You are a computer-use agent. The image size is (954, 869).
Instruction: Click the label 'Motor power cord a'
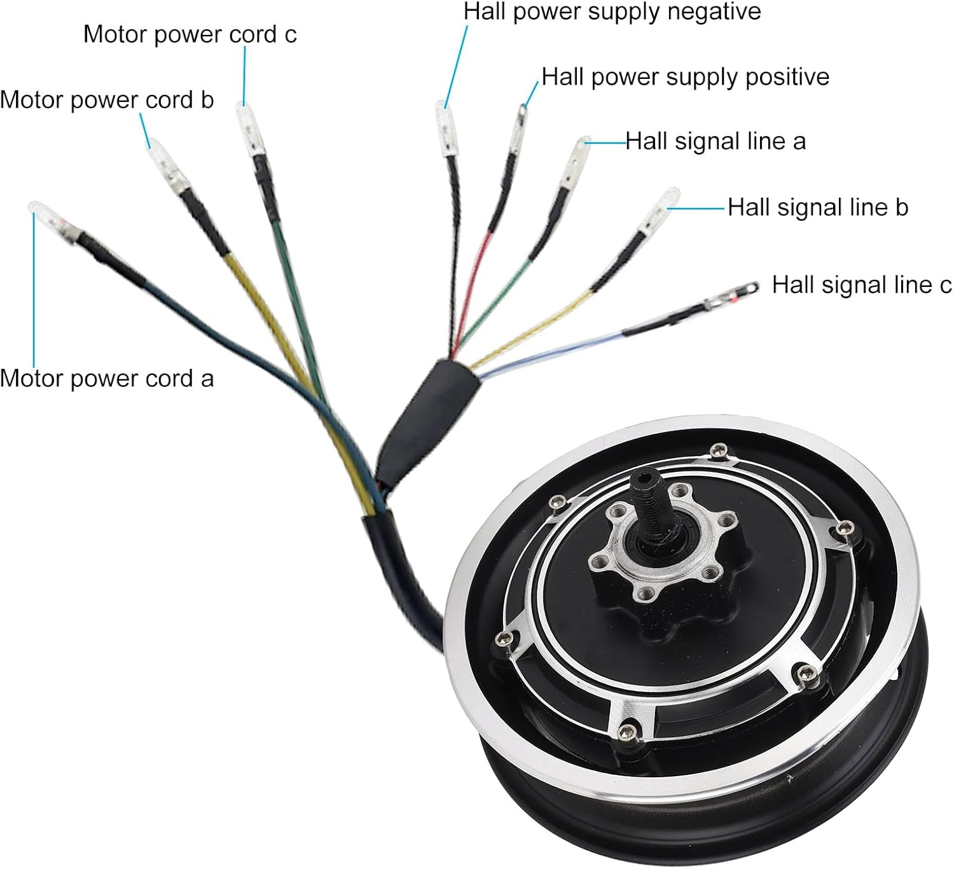tap(107, 379)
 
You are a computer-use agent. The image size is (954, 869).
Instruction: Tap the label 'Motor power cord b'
tap(107, 101)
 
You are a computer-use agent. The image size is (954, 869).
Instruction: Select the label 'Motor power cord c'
tap(190, 34)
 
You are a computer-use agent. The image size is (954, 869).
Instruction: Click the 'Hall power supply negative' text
tap(612, 11)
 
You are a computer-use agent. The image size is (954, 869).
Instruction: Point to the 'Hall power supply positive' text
tap(685, 77)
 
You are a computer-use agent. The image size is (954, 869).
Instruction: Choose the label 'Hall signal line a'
tap(715, 141)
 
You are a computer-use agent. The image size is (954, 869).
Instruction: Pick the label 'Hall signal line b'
tap(818, 207)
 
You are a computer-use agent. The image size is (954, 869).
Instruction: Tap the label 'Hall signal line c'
tap(862, 285)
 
